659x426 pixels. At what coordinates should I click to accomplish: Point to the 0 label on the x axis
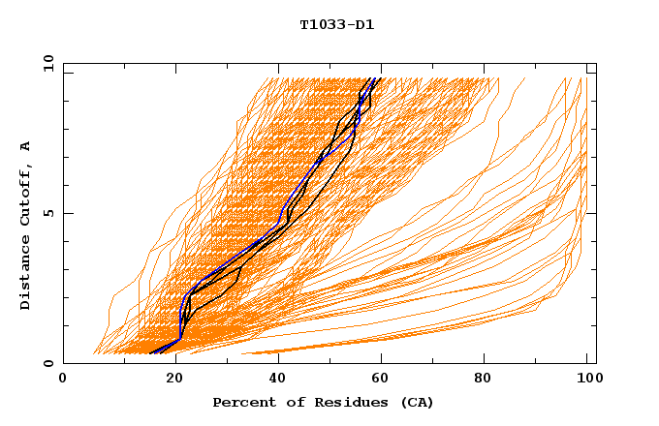(63, 379)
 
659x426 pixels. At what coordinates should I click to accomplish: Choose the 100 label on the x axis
(587, 379)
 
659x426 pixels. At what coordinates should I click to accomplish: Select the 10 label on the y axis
(47, 63)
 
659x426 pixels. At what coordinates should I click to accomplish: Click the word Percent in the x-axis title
(241, 402)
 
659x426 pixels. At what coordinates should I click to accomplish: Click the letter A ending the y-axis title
(25, 145)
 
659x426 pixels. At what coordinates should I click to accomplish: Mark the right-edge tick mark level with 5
(592, 213)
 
